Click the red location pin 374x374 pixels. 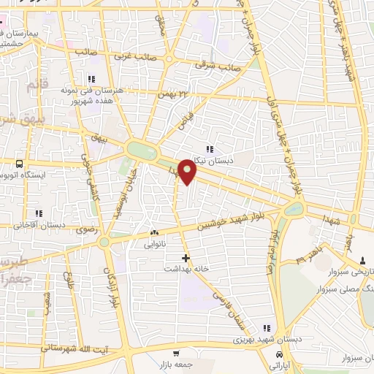pyautogui.click(x=188, y=171)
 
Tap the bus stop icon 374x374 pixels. pyautogui.click(x=19, y=164)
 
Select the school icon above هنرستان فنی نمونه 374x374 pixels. pyautogui.click(x=91, y=79)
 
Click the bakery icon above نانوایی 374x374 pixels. pyautogui.click(x=153, y=234)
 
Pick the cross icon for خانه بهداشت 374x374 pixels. pyautogui.click(x=186, y=258)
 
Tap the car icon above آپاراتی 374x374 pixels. pyautogui.click(x=278, y=354)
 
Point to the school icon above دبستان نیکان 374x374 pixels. pyautogui.click(x=210, y=150)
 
